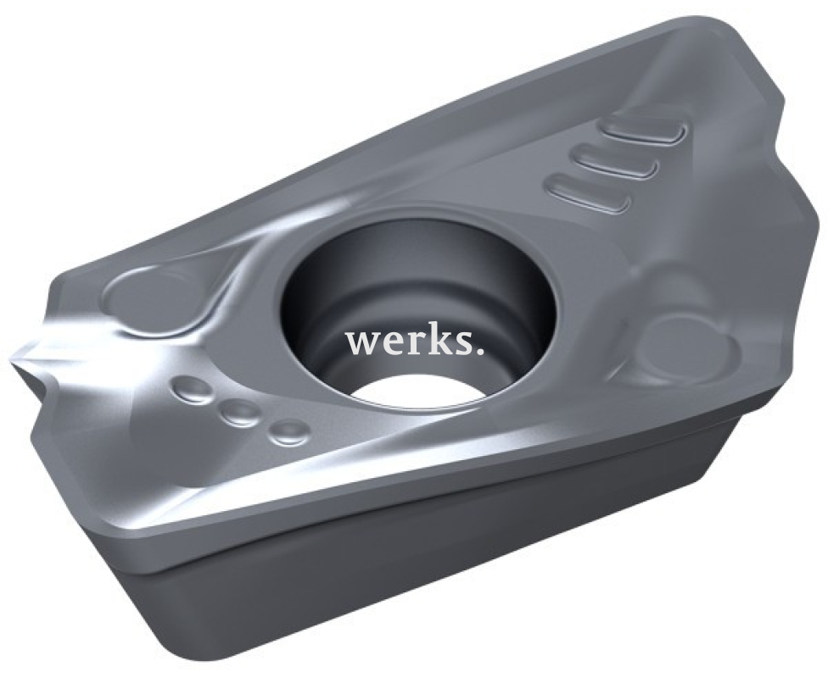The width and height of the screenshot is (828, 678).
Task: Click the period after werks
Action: (480, 351)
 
